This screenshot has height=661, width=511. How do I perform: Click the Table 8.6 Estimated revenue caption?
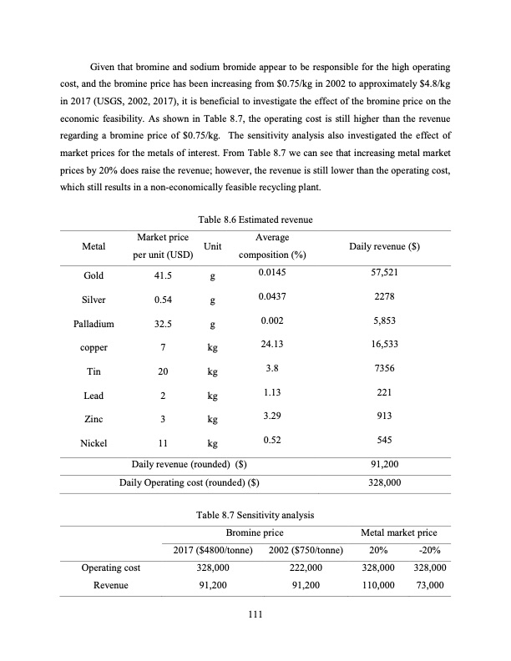click(255, 219)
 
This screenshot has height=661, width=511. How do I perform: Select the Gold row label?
click(94, 275)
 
